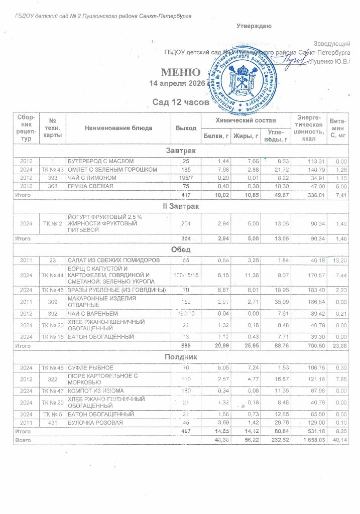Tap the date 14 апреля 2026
(179, 83)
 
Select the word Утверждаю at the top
(254, 26)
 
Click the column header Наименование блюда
(118, 127)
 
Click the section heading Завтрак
(181, 151)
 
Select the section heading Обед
(181, 249)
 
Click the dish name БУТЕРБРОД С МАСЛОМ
(101, 161)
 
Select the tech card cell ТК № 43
(52, 169)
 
